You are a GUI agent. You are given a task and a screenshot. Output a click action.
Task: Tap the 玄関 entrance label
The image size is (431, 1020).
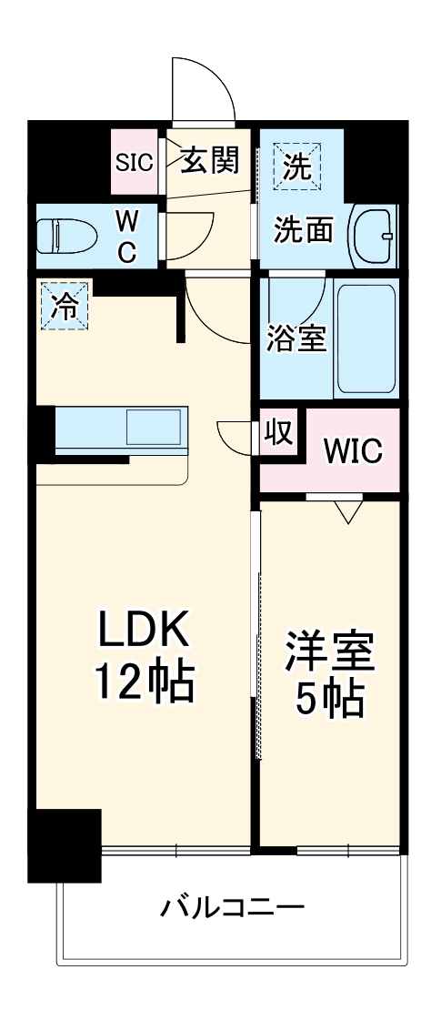tap(209, 161)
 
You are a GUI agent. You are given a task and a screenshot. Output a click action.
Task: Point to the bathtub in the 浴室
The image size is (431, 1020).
tap(366, 337)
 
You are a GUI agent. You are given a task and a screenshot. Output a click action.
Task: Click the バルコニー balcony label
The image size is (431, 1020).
tap(233, 907)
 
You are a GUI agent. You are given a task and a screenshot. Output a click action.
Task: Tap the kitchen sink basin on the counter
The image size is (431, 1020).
tap(152, 427)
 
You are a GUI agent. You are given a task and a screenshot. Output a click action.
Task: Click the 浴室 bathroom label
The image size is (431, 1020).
tap(296, 338)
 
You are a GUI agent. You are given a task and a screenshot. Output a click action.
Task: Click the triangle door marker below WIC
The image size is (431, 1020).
tap(347, 511)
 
